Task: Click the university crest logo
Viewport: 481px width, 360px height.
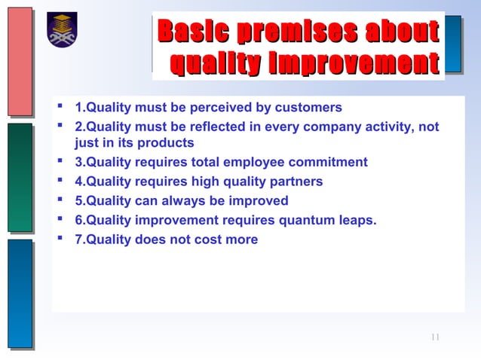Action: pyautogui.click(x=62, y=30)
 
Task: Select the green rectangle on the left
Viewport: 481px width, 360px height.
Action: pyautogui.click(x=20, y=177)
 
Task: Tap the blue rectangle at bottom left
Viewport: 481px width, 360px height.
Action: pyautogui.click(x=20, y=293)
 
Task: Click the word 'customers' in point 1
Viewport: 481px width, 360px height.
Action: pyautogui.click(x=311, y=107)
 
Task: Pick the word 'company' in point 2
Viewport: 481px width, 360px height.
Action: pyautogui.click(x=339, y=127)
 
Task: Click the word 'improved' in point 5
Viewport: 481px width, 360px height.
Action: pyautogui.click(x=261, y=201)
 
